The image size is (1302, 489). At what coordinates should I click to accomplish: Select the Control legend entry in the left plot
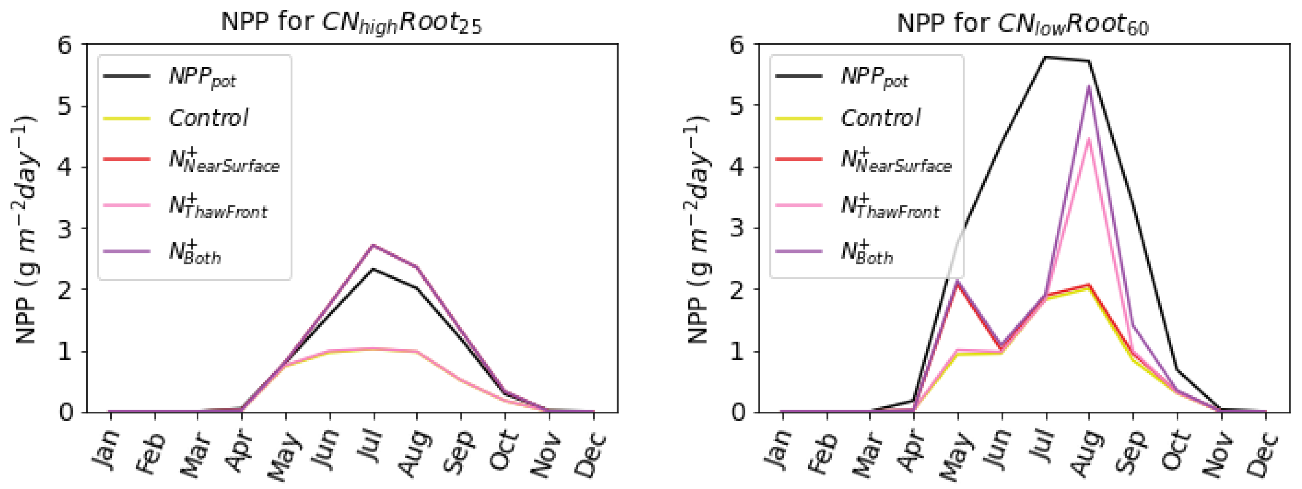click(x=208, y=118)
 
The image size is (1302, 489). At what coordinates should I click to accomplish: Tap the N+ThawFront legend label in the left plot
click(x=218, y=207)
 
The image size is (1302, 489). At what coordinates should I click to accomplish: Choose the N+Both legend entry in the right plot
click(x=866, y=253)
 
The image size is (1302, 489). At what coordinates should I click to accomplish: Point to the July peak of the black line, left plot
click(x=373, y=269)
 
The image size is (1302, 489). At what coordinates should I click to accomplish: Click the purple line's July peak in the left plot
click(x=373, y=245)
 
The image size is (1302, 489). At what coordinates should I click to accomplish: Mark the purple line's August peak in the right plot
click(x=1089, y=87)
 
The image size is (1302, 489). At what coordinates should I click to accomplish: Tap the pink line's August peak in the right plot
click(x=1089, y=139)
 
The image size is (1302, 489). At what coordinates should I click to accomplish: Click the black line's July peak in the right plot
click(x=1045, y=57)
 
